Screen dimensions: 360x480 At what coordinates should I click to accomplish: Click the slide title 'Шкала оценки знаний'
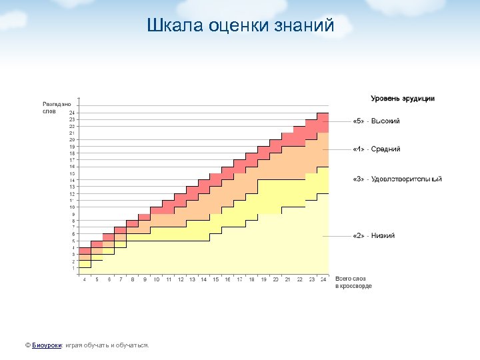[x=240, y=26]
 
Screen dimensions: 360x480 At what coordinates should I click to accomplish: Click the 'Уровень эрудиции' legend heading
[x=403, y=99]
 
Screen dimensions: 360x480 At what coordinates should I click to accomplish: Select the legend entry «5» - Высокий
[x=377, y=121]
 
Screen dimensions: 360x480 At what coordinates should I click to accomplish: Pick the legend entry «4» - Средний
[x=377, y=149]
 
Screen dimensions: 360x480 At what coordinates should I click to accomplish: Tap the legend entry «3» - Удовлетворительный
[x=397, y=179]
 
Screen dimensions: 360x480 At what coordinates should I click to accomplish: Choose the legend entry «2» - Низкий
[x=374, y=236]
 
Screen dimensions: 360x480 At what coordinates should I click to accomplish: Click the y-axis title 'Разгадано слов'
[x=56, y=107]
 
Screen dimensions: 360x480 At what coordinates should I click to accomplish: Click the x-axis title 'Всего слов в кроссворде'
[x=353, y=282]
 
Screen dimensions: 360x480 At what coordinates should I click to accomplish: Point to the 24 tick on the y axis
[x=72, y=113]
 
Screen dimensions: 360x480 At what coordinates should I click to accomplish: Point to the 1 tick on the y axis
[x=73, y=268]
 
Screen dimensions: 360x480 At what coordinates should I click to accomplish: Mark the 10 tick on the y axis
[x=72, y=207]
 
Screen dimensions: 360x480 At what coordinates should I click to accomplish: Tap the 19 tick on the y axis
[x=72, y=147]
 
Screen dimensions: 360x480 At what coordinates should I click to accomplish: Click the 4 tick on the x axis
[x=84, y=279]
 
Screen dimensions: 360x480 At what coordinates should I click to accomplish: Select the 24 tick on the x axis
[x=323, y=279]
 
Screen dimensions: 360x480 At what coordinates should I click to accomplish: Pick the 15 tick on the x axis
[x=215, y=279]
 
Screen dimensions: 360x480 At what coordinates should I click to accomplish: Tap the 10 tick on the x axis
[x=156, y=279]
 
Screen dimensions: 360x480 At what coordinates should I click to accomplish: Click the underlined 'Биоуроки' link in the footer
[x=47, y=345]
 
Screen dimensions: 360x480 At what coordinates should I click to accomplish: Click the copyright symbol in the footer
[x=27, y=345]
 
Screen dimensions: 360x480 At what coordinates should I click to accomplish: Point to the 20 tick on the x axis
[x=275, y=279]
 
